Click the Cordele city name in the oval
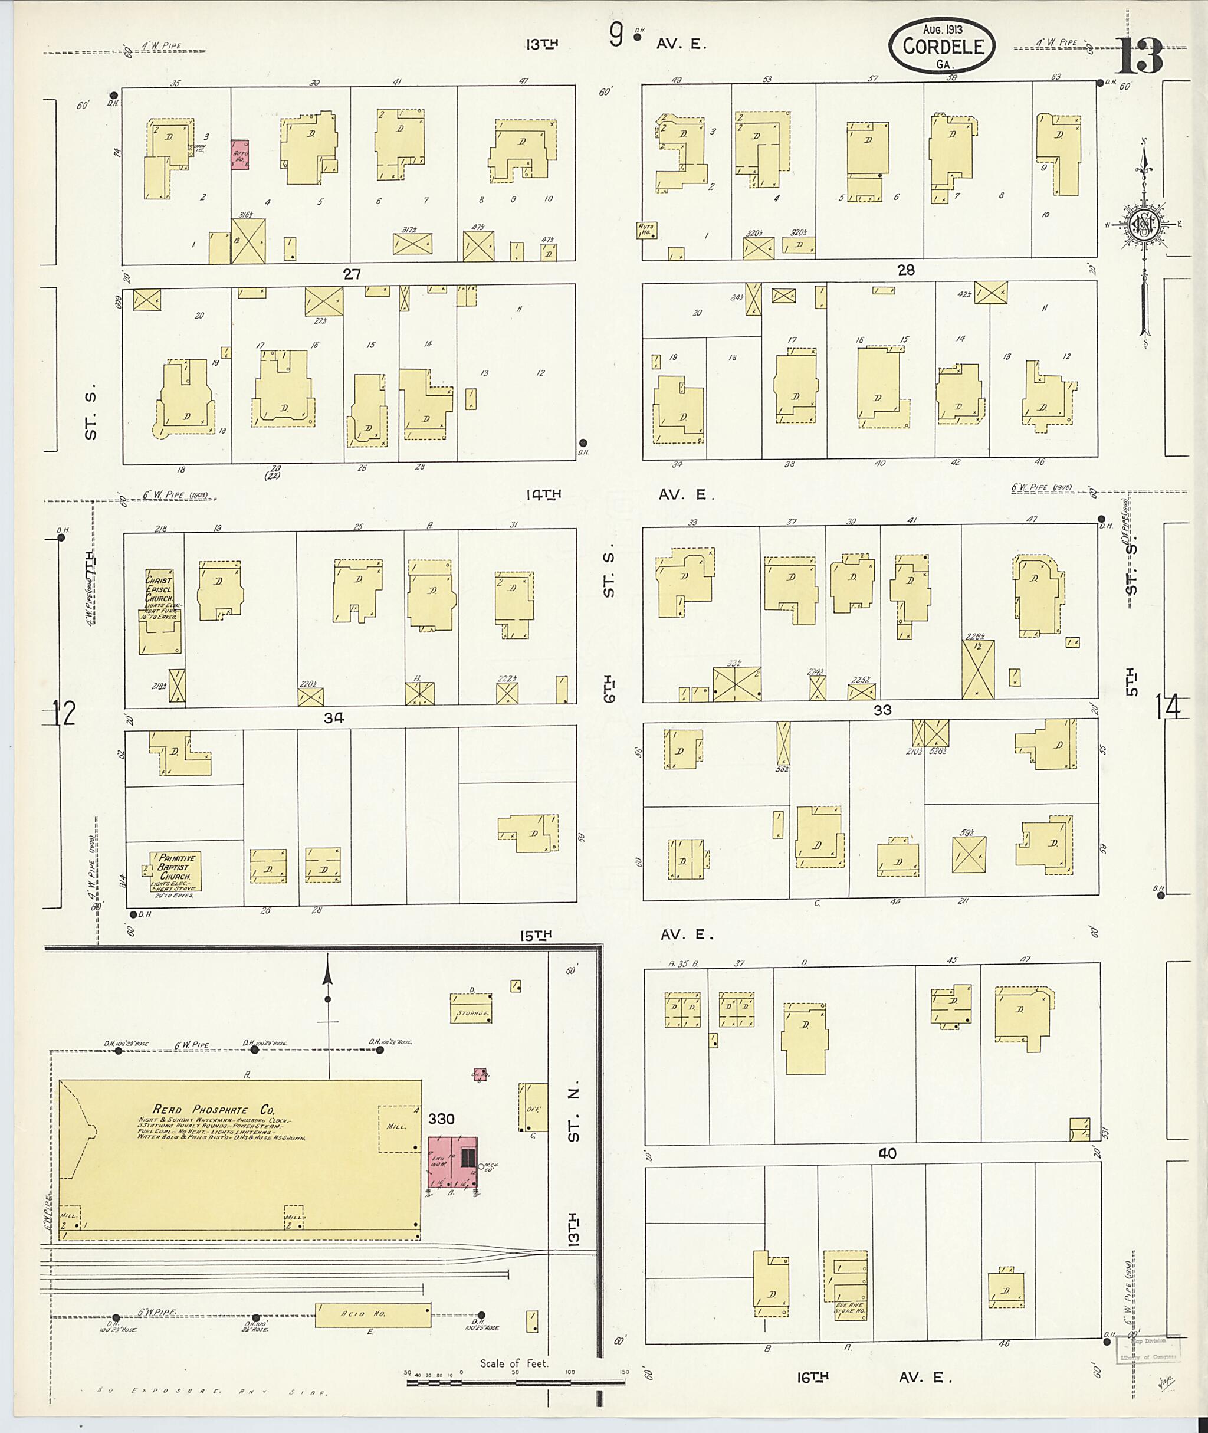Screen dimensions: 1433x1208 point(943,47)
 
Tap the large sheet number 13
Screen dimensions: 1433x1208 point(1137,55)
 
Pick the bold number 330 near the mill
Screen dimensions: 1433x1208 point(442,1119)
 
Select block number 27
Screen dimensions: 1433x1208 point(352,274)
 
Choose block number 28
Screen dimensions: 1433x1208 point(905,271)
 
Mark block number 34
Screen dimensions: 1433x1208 point(333,717)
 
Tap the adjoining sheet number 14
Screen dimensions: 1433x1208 point(1168,707)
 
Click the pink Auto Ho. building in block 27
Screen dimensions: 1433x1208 point(239,156)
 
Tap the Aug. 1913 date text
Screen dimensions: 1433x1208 point(943,29)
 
